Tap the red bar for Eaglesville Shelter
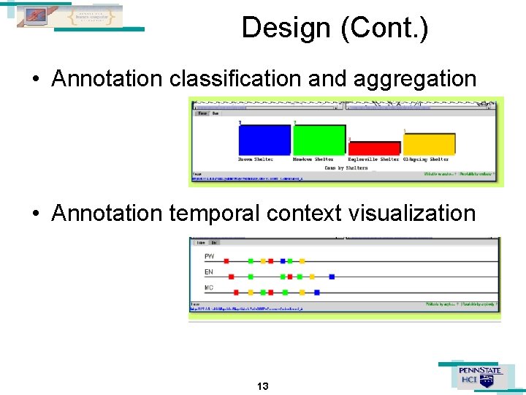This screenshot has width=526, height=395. (374, 148)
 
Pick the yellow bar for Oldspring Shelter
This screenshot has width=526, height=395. (430, 144)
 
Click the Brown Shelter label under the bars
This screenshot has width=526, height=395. (256, 159)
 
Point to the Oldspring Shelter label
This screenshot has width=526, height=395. (426, 159)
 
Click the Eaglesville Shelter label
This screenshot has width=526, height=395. (374, 159)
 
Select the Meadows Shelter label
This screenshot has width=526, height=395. (313, 159)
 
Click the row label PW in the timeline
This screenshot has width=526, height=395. (210, 257)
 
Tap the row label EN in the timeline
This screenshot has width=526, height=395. (209, 273)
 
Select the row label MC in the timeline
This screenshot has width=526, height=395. (209, 288)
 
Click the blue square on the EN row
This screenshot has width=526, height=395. (332, 276)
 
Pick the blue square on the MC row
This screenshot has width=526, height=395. (316, 293)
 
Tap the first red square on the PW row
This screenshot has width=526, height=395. (226, 260)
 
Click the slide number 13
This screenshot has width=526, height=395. (263, 385)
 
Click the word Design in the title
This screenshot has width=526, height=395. (286, 28)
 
